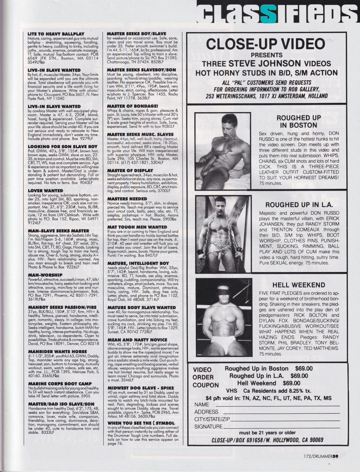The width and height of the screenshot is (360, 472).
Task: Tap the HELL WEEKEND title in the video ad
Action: pos(298,285)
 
